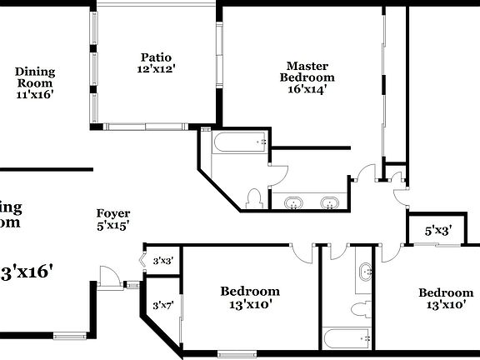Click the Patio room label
pyautogui.click(x=156, y=57)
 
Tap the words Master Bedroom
pyautogui.click(x=307, y=72)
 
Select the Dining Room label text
pyautogui.click(x=34, y=77)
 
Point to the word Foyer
pyautogui.click(x=112, y=213)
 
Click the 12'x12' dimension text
pyautogui.click(x=156, y=70)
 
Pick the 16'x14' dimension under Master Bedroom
pyautogui.click(x=307, y=90)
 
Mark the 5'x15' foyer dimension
pyautogui.click(x=112, y=226)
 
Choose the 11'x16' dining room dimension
pyautogui.click(x=34, y=95)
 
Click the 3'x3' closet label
pyautogui.click(x=162, y=260)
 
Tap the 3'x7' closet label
pyautogui.click(x=162, y=306)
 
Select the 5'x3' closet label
pyautogui.click(x=437, y=231)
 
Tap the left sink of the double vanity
pyautogui.click(x=294, y=202)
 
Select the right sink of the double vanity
pyautogui.click(x=330, y=202)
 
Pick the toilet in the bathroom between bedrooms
pyautogui.click(x=359, y=309)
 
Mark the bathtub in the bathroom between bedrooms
pyautogui.click(x=347, y=338)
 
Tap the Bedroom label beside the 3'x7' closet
pyautogui.click(x=249, y=292)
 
